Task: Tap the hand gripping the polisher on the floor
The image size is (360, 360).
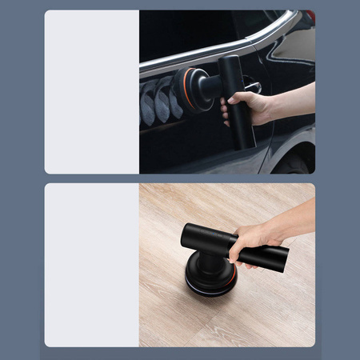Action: (251, 241)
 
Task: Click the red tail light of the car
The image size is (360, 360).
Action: (310, 14)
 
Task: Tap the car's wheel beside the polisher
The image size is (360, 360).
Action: (295, 160)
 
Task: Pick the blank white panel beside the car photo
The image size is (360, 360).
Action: (91, 91)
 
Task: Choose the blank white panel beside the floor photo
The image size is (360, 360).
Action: (91, 265)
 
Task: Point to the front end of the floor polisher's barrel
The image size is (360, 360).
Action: (186, 235)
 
